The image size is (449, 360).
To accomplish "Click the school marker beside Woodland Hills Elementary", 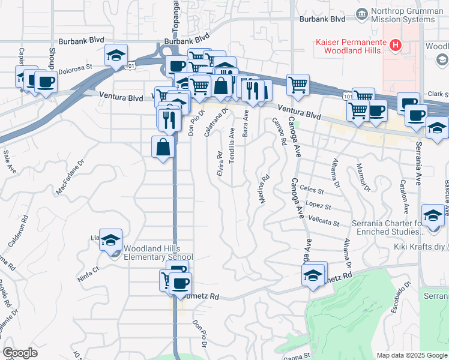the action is point(110,241).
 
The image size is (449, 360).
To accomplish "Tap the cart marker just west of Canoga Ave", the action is point(298,85).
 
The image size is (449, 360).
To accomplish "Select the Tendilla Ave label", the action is point(232,149).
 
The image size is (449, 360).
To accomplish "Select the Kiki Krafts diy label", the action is point(420,247).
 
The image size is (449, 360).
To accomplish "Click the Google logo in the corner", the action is point(20,353).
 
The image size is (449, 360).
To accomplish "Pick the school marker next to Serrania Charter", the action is point(433,215).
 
